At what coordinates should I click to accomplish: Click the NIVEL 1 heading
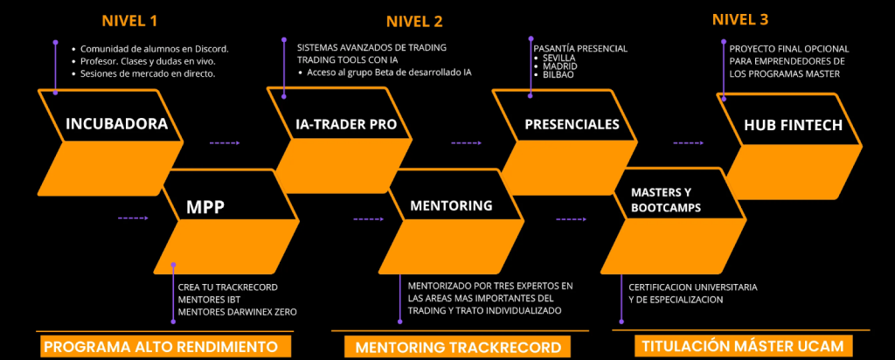click(129, 20)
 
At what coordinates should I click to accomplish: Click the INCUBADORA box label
click(116, 124)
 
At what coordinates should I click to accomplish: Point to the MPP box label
click(206, 207)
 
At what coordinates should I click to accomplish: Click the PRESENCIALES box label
click(572, 124)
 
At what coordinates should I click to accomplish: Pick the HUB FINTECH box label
click(794, 125)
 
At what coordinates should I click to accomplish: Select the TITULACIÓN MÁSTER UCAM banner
click(742, 346)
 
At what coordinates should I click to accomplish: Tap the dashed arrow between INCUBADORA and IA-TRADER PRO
click(224, 142)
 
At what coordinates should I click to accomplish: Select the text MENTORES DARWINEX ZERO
click(237, 312)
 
